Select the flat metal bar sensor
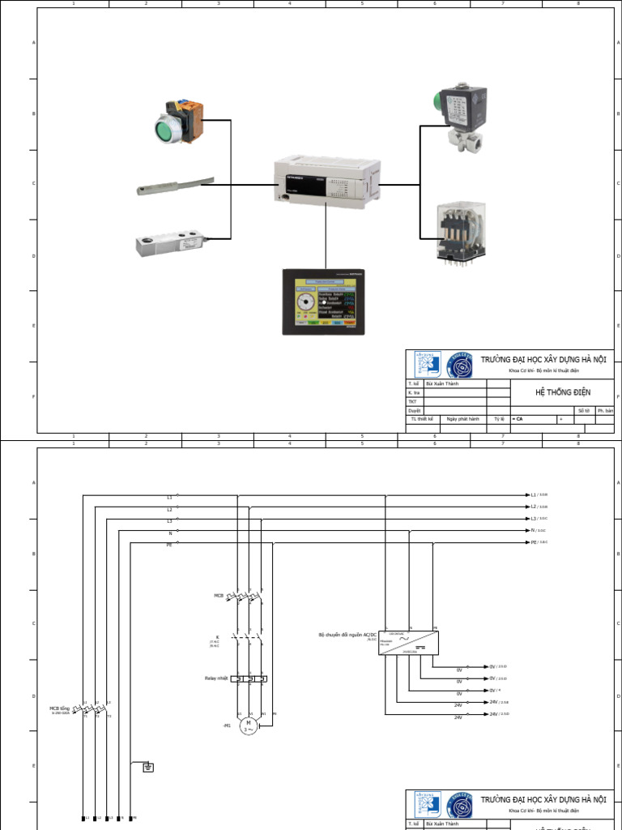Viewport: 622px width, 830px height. click(175, 187)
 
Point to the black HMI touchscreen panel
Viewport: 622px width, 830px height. click(324, 302)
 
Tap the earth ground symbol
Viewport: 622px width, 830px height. click(148, 767)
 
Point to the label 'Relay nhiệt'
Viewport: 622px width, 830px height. click(215, 678)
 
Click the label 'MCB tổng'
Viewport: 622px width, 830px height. click(61, 708)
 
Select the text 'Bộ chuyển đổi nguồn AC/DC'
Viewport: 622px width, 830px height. click(347, 635)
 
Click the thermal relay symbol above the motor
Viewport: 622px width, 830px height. click(249, 678)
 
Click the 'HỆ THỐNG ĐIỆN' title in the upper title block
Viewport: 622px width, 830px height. click(563, 392)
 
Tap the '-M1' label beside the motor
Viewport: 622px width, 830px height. click(228, 725)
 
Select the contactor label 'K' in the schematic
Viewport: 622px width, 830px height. click(217, 637)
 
